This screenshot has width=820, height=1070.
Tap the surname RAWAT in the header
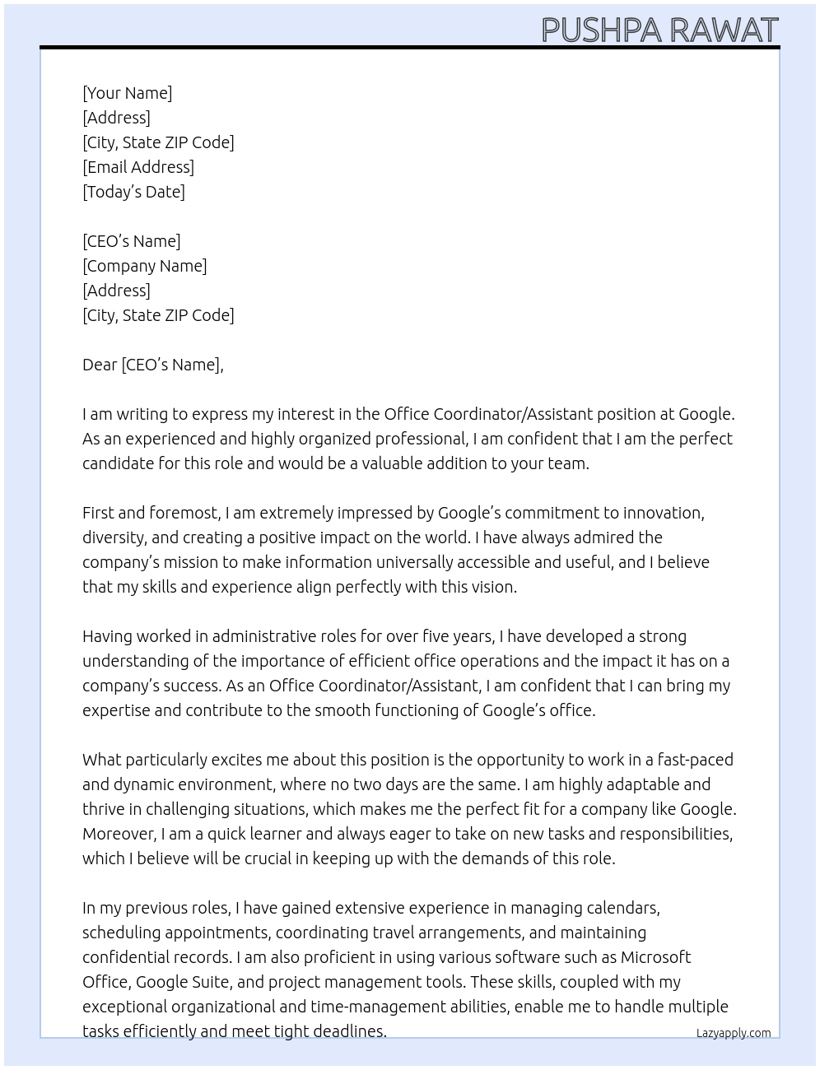[722, 30]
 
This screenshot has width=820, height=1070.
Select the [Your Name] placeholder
[127, 93]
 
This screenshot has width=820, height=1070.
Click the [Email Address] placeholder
[138, 167]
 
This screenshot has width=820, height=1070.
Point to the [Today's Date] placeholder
[133, 192]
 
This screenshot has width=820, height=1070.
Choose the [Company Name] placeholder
[144, 266]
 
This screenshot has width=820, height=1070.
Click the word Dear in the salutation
[100, 365]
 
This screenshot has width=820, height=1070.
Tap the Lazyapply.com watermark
[733, 1033]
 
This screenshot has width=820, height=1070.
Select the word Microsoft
[655, 957]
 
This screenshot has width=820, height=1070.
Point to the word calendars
[622, 908]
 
